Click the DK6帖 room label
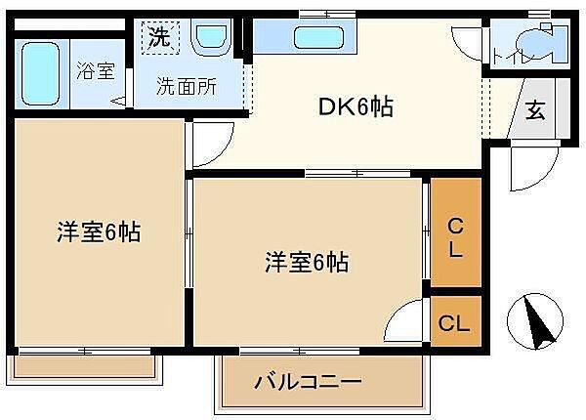click(356, 107)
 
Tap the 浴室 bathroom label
click(95, 71)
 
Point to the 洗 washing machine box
click(158, 38)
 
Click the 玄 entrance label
click(535, 109)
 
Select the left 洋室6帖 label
click(98, 233)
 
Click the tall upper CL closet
click(456, 234)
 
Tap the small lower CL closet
click(455, 323)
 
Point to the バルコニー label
click(309, 382)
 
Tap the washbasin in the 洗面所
click(209, 39)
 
